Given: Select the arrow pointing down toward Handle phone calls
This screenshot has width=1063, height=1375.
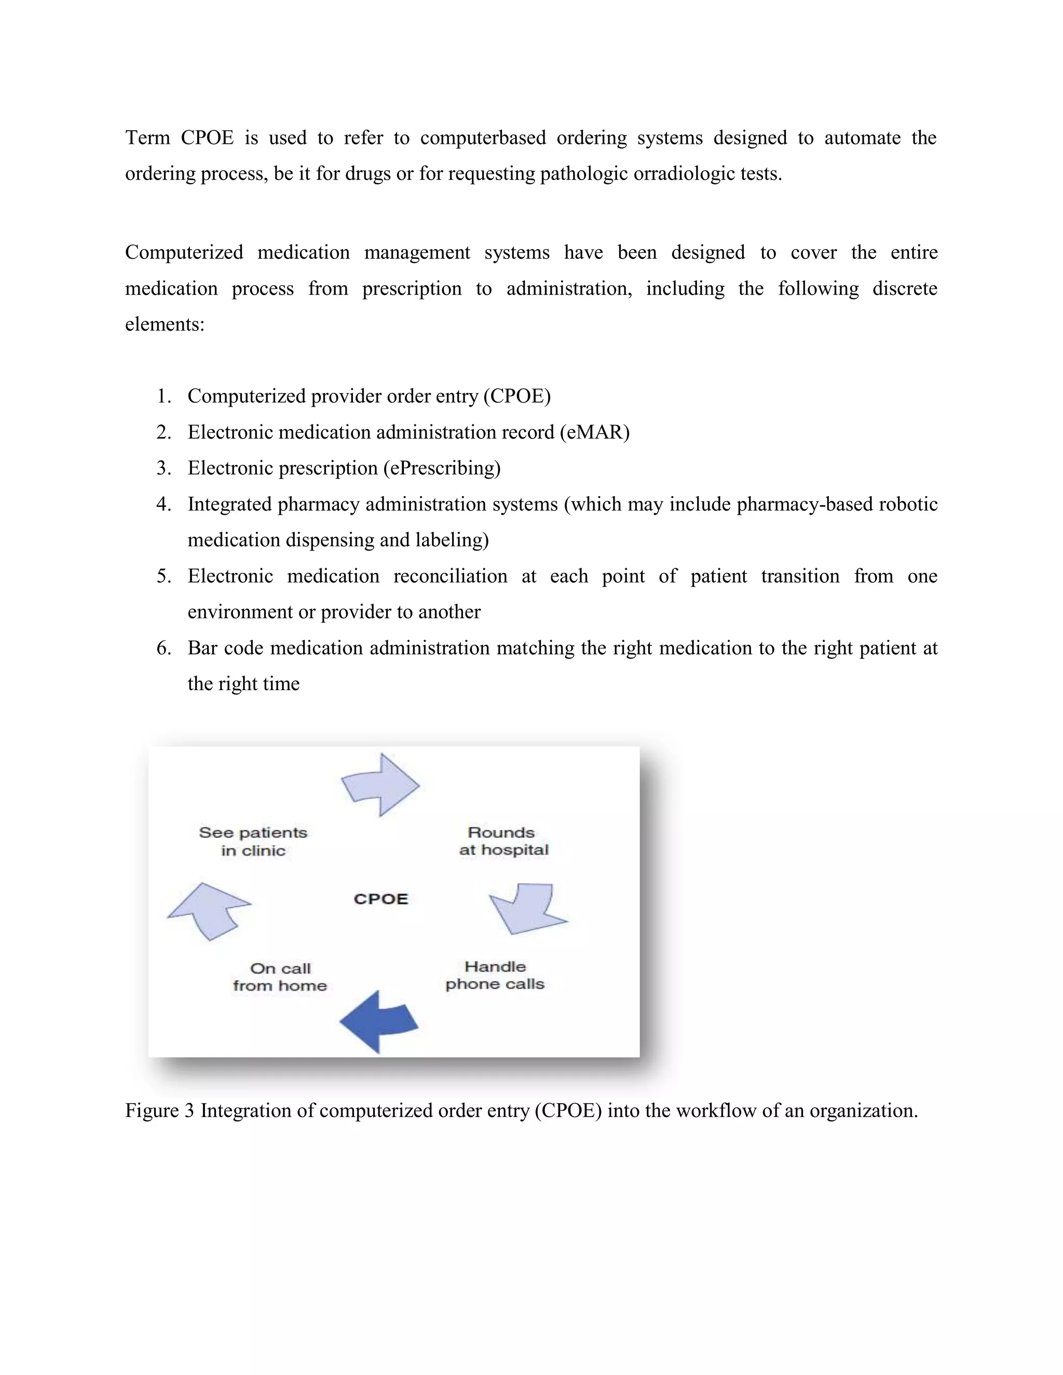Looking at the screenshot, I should click(528, 909).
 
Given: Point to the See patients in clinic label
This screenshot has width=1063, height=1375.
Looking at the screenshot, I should click(253, 842).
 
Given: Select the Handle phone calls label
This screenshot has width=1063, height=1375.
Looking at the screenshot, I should click(495, 975).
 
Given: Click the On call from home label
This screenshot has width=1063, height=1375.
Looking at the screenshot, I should click(280, 977).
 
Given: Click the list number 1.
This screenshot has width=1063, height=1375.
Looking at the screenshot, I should click(163, 396).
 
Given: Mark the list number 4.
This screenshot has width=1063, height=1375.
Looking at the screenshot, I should click(163, 505).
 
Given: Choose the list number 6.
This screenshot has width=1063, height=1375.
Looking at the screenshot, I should click(163, 649).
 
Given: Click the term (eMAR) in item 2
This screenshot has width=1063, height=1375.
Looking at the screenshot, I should click(594, 433).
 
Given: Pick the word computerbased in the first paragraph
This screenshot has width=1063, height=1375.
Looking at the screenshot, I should click(483, 138).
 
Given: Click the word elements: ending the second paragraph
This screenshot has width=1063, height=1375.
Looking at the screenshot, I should click(165, 325).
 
